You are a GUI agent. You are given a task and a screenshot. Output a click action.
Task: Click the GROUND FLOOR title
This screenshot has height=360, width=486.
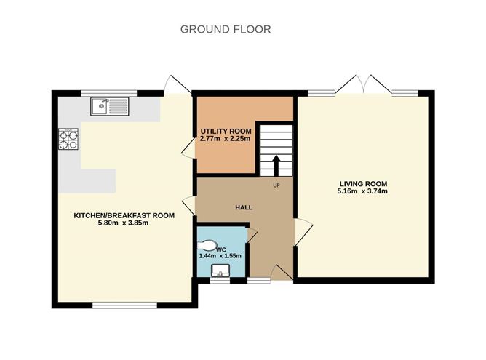click(x=226, y=29)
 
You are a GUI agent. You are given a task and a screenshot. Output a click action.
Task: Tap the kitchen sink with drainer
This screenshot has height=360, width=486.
click(x=109, y=107)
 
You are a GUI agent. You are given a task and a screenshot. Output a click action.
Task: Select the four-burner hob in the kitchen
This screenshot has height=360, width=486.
click(x=68, y=139)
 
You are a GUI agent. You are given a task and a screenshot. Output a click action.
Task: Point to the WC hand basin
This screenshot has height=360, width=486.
click(x=220, y=271)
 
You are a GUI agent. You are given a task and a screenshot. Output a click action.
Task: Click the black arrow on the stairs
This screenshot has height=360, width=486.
click(x=276, y=166)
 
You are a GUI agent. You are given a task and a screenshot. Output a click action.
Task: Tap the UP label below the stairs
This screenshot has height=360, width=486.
click(x=276, y=185)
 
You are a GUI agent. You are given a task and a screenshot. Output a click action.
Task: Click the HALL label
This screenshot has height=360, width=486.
click(x=244, y=207)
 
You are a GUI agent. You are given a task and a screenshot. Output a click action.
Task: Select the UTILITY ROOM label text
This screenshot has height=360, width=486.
click(x=226, y=131)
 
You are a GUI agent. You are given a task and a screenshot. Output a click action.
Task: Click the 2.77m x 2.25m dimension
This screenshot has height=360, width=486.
click(x=225, y=139)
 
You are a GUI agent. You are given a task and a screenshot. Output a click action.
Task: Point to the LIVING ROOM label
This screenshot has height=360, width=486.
click(x=363, y=184)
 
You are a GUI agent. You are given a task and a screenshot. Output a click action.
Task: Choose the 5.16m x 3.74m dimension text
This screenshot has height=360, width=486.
click(x=362, y=191)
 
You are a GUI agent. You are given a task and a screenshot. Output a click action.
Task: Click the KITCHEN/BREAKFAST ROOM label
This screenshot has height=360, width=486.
click(x=124, y=215)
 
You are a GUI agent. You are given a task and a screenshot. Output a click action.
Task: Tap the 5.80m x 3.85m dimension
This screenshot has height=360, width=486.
click(x=123, y=223)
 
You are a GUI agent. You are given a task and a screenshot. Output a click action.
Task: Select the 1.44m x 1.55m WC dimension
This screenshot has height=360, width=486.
click(x=220, y=256)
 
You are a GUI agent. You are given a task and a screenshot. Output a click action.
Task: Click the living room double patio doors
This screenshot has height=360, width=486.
click(x=363, y=84)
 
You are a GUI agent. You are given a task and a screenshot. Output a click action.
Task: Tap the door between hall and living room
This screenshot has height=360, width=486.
click(x=303, y=231)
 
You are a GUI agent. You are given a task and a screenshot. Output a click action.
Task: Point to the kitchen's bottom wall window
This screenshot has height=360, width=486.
click(x=125, y=305)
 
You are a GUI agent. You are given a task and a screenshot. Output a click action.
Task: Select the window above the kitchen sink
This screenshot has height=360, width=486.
click(x=109, y=93)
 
